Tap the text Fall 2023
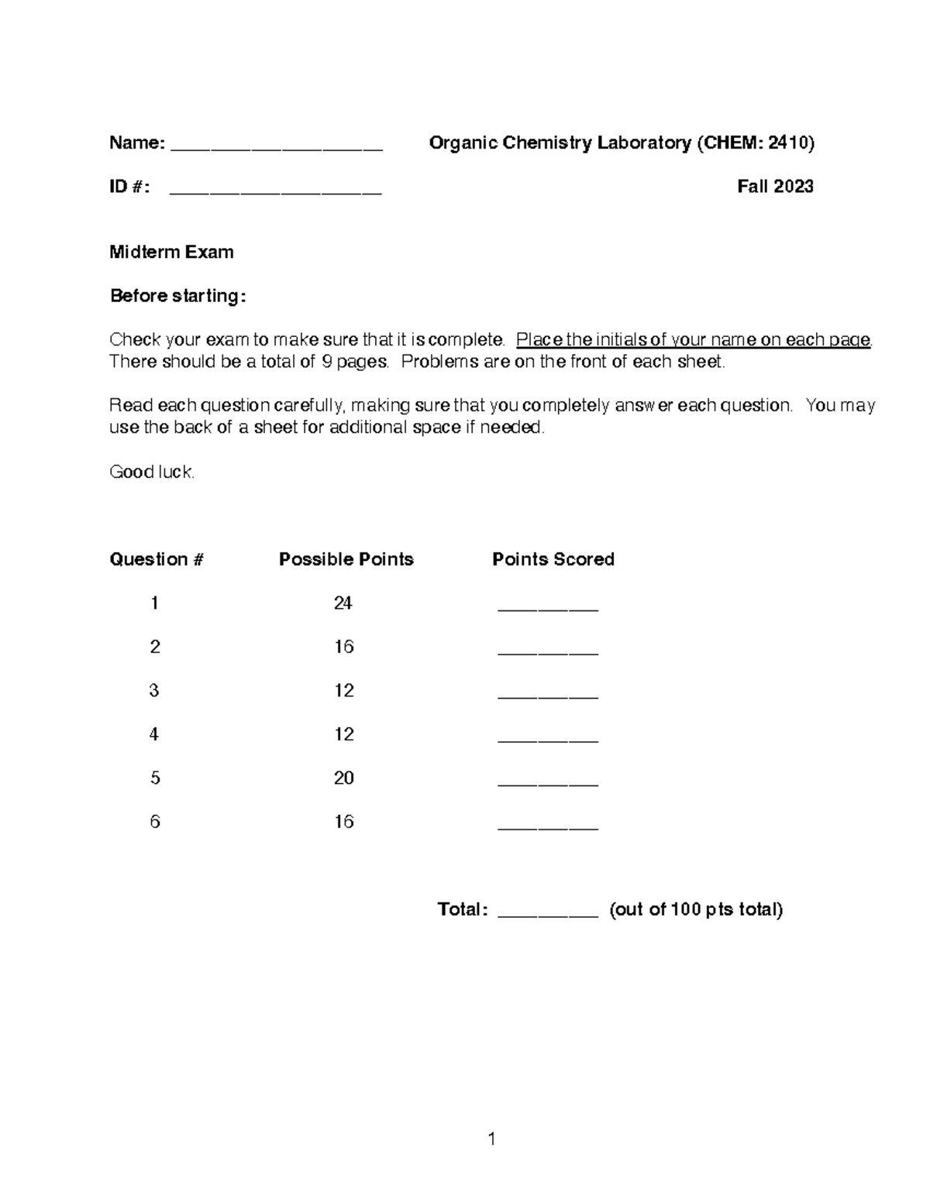point(775,187)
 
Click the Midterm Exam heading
point(171,253)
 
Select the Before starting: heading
point(177,296)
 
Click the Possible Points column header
point(346,559)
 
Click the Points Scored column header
point(553,559)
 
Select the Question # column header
point(157,559)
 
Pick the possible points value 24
point(343,603)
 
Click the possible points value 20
point(343,779)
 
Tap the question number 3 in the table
point(154,691)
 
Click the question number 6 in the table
point(155,822)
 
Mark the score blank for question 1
point(547,608)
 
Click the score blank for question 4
point(547,739)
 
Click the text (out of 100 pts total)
point(696,909)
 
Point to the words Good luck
point(152,473)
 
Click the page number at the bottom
point(491,1138)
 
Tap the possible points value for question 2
point(343,647)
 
